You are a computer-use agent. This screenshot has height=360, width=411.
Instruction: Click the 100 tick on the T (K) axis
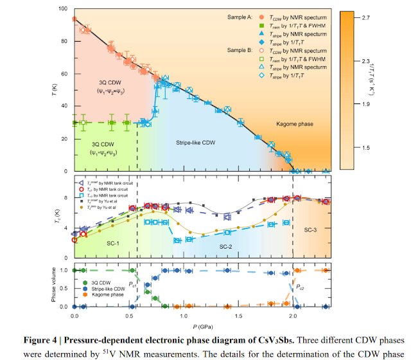click(62, 9)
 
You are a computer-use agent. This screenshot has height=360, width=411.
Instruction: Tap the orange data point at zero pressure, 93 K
click(74, 19)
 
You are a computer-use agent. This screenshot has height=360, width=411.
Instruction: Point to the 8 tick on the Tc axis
click(66, 199)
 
